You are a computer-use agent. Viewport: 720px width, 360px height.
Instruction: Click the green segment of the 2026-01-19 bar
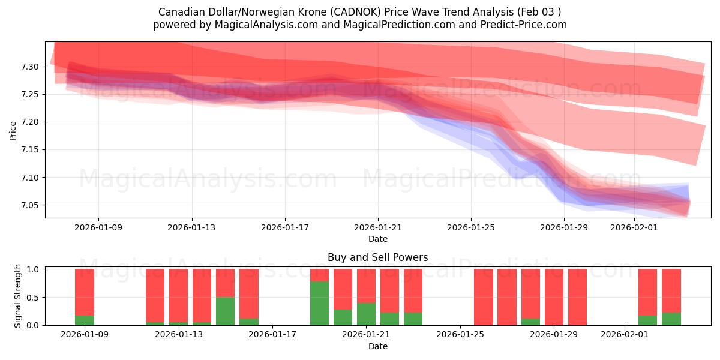coord(319,303)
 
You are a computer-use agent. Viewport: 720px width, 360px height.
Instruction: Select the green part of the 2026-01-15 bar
coord(225,311)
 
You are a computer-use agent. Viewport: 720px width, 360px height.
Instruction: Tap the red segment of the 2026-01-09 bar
coord(85,292)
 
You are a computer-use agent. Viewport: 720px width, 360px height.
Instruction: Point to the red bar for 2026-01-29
coord(554,297)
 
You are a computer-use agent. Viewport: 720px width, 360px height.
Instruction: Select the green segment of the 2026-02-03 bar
coord(671,319)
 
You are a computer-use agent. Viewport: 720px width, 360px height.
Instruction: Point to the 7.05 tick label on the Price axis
coord(30,206)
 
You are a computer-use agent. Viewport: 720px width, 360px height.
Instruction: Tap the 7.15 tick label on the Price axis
coord(30,150)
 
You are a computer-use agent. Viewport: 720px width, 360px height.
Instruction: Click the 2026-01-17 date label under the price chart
coord(285,228)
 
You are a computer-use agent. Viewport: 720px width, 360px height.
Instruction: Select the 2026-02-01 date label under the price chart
coord(634,228)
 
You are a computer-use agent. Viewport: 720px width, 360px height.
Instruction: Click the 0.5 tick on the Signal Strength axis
coord(34,298)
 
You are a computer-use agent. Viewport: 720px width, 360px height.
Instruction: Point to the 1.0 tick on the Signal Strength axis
coord(34,269)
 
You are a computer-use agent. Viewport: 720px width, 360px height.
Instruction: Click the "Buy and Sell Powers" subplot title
coord(378,257)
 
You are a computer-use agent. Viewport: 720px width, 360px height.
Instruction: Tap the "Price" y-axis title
coord(13,130)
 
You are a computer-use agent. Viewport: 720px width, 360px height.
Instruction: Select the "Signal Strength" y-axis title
coord(18,296)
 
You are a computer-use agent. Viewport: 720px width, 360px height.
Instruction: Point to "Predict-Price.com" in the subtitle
coord(527,25)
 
